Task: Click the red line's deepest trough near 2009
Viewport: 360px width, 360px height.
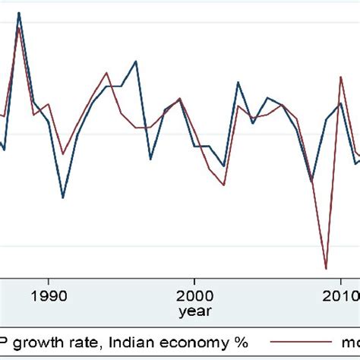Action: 326,268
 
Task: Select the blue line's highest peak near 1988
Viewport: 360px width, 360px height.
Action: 19,13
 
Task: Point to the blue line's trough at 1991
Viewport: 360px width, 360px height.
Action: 62,197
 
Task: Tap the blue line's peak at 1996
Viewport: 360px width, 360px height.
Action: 135,61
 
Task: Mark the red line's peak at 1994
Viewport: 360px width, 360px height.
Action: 107,73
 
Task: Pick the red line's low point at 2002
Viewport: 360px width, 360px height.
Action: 223,185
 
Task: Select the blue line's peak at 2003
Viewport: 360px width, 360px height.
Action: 238,82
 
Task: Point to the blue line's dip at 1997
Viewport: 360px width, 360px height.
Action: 150,159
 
